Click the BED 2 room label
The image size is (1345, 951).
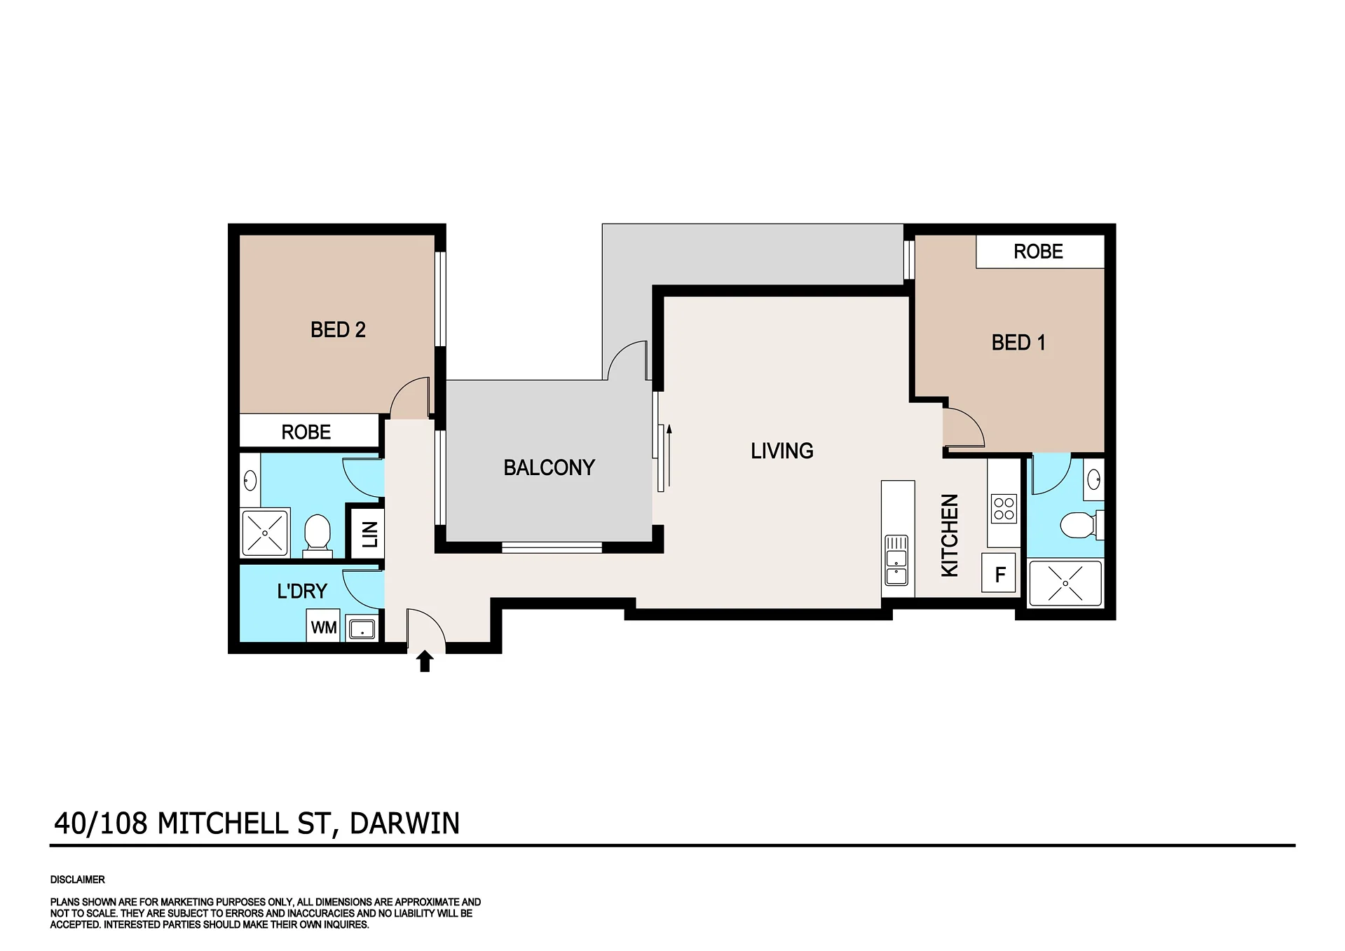338,330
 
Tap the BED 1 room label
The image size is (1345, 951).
1018,343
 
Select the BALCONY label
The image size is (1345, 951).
549,467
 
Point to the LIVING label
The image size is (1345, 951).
782,451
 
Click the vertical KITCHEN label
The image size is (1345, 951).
950,535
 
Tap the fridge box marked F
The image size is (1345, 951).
999,573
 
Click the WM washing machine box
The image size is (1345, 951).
324,627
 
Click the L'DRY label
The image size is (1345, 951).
302,591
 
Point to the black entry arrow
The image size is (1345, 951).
425,661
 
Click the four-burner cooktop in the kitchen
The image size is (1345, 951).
1004,509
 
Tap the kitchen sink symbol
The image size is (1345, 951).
896,561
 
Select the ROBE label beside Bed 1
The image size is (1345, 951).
1038,252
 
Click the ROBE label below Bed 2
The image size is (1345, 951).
306,432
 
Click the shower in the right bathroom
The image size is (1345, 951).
1065,583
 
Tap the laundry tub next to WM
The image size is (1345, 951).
362,629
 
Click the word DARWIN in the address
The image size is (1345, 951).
404,823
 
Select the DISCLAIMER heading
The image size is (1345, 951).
78,880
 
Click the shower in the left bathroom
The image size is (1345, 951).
265,533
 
